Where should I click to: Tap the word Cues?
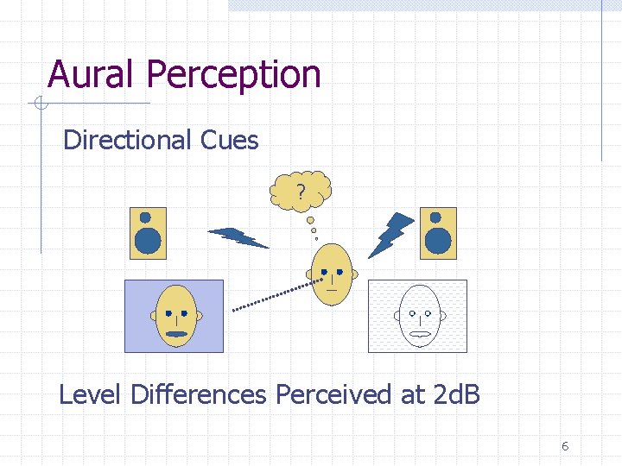232,140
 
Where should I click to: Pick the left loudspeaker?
147,233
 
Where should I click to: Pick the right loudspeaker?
438,233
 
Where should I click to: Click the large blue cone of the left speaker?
148,242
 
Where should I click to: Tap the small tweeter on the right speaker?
437,217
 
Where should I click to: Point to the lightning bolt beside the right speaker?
391,234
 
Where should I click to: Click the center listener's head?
332,274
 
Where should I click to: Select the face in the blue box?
176,316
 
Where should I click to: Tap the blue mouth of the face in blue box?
176,333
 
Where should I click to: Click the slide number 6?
564,446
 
